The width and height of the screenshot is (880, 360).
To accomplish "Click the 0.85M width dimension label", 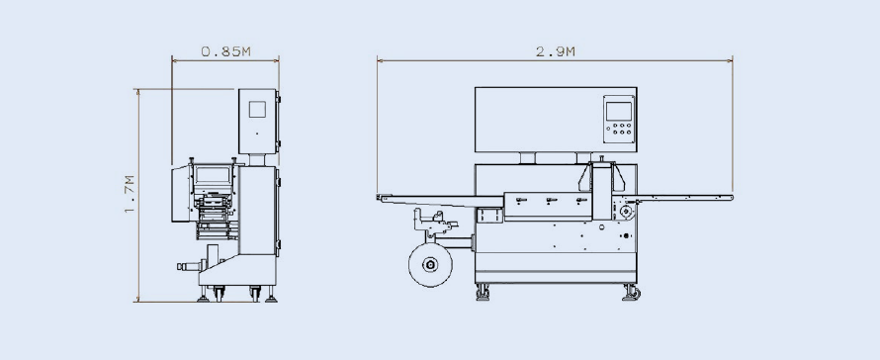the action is click(225, 51).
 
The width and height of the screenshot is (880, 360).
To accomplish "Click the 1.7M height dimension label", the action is click(130, 194).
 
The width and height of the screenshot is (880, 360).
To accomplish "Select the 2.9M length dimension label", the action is click(555, 51).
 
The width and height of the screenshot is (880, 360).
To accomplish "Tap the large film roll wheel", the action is click(430, 264).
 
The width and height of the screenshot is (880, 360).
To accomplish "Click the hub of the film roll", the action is click(430, 264).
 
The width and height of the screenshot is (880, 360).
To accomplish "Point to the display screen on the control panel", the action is click(618, 111).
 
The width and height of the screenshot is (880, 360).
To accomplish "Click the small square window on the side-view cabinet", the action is click(257, 109).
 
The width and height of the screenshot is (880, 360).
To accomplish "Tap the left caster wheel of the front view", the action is click(483, 293).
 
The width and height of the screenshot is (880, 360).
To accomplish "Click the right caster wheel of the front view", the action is click(631, 293).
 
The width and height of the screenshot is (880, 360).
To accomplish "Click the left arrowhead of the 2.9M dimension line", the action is click(378, 60).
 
